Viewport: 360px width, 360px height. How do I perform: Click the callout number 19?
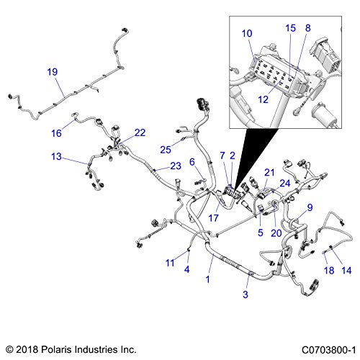[53, 72]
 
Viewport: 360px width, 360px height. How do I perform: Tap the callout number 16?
[56, 133]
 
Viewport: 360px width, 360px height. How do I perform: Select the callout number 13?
[56, 156]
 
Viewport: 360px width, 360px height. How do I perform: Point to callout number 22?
[140, 132]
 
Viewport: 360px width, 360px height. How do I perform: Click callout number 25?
[166, 150]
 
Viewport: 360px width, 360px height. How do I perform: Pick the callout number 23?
[176, 166]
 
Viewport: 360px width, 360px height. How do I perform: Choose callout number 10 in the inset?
[247, 33]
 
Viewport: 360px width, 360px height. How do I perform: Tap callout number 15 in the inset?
[290, 28]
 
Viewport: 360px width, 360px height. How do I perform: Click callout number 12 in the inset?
[263, 99]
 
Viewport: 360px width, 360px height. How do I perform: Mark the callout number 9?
[310, 207]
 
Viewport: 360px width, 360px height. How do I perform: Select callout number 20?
[276, 233]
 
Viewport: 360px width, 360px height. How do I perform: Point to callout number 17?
[213, 218]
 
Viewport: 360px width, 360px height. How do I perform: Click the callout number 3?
[246, 294]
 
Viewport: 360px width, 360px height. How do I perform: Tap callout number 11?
[170, 263]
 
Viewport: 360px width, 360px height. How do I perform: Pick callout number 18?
[329, 271]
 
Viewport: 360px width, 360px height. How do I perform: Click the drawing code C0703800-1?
[328, 350]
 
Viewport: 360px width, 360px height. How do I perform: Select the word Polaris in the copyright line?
[56, 349]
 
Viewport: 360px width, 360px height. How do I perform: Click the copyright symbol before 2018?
[9, 349]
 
